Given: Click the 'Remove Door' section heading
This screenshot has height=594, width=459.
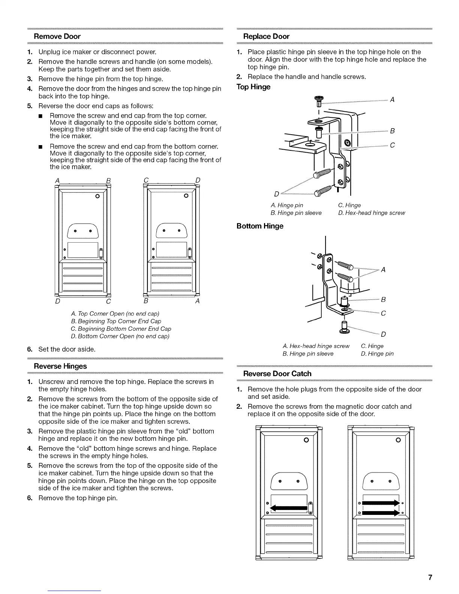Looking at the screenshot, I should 57,36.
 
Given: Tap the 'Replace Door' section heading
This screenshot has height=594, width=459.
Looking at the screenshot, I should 266,36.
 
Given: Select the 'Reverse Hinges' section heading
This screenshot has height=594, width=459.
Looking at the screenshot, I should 60,366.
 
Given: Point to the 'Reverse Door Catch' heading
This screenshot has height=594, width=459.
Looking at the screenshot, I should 277,373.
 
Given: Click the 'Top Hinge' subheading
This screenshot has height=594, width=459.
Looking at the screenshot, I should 253,87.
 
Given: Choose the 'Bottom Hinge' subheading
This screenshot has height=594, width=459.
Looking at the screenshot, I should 260,226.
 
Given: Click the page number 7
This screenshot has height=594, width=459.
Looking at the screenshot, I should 430,577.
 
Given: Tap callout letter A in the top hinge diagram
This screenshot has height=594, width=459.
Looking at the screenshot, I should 392,100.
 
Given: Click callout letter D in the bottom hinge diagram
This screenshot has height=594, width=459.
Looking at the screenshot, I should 383,334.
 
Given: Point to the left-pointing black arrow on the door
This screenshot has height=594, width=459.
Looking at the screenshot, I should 289,508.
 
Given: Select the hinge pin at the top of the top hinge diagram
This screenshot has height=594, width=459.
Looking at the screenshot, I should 319,101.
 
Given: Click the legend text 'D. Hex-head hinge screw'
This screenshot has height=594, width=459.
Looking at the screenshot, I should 371,213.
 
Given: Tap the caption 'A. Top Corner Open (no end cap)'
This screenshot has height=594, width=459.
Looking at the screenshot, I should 115,313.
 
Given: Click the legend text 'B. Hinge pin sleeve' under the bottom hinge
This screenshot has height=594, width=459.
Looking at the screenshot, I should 308,354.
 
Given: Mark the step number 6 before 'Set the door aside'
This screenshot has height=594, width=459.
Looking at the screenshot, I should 29,349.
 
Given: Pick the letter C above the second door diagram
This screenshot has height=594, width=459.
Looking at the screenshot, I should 146,180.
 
